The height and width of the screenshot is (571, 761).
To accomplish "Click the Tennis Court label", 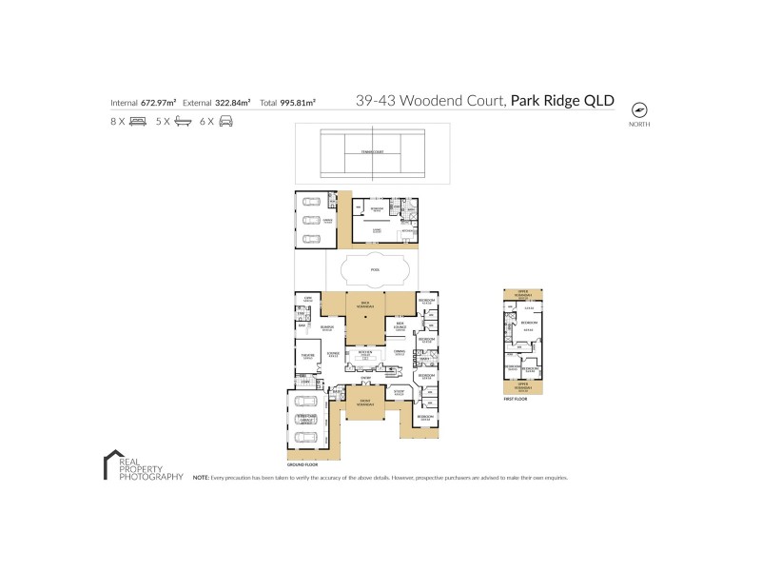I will (x=365, y=152).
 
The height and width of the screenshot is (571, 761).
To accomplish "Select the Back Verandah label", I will (x=364, y=305).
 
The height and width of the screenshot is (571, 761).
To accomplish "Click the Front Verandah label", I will (x=364, y=404).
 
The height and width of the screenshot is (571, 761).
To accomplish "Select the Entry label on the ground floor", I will (x=364, y=378).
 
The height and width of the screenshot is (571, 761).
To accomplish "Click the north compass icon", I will (x=638, y=108).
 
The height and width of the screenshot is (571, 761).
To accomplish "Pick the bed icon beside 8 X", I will (x=137, y=122).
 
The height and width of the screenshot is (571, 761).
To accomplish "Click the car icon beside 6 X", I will (x=225, y=122).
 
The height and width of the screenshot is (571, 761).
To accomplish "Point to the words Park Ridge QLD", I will (x=562, y=101).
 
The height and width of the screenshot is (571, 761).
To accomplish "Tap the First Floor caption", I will (x=516, y=401).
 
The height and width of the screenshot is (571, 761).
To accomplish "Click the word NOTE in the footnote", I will (x=201, y=477).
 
